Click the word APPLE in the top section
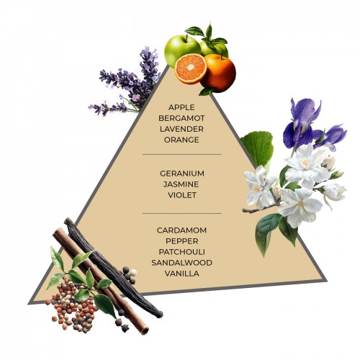[x=181, y=107]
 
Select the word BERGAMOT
[x=181, y=118]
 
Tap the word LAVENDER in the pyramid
[x=181, y=129]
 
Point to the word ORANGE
[x=181, y=140]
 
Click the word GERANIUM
[x=182, y=174]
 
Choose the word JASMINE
[x=181, y=184]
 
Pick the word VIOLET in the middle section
[x=182, y=195]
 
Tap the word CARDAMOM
[x=181, y=230]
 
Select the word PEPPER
[x=182, y=241]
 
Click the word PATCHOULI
[x=181, y=252]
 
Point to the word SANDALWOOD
[x=181, y=263]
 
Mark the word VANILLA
[x=182, y=274]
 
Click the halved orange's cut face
[x=191, y=68]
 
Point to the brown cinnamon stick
[x=101, y=281]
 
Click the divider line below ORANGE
[x=182, y=155]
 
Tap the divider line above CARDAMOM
[x=182, y=213]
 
